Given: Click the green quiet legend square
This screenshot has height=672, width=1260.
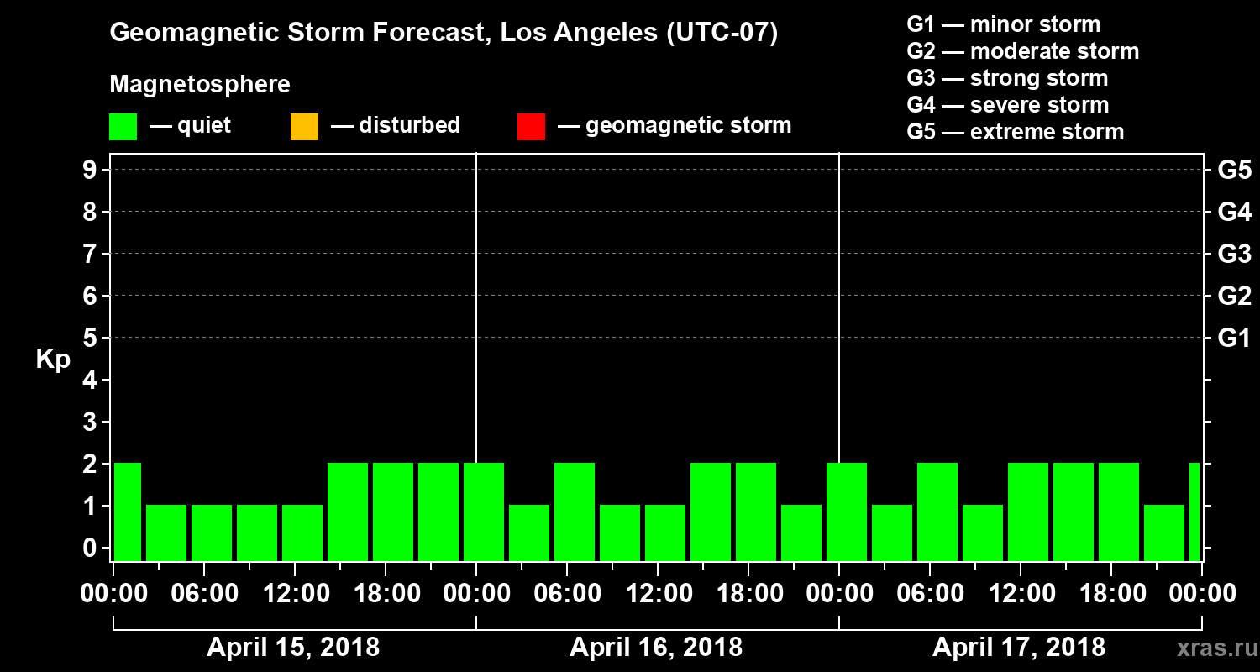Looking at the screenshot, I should pos(123,126).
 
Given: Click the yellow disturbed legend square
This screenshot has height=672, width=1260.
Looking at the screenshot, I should pos(304,126).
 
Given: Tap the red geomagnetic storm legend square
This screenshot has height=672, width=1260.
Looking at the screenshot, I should pos(531,126).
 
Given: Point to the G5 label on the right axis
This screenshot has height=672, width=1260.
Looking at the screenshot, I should pos(1234,171).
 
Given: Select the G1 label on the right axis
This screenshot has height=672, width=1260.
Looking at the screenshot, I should pos(1234,339).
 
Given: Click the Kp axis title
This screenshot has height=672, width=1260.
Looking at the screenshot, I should pos(53,360).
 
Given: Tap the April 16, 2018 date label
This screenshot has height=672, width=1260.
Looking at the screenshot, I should pos(656,648).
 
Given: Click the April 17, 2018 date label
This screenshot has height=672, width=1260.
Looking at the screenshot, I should pos(1019,648).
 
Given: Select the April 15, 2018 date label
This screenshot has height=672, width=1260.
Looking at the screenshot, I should pos(293,648).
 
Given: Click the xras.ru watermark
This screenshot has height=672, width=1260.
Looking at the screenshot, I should pos(1210,648).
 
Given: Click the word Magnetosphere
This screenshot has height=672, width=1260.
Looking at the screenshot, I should pos(200,85).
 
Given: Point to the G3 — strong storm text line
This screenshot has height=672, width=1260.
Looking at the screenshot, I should pos(1007,78).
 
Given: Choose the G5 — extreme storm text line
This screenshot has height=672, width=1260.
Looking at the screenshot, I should pos(1015,132).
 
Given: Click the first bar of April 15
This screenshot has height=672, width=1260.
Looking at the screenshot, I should pos(128,512).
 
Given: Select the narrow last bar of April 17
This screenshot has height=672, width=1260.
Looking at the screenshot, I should pos(1194,512).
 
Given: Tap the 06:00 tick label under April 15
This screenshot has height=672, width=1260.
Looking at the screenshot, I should pos(206,594).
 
